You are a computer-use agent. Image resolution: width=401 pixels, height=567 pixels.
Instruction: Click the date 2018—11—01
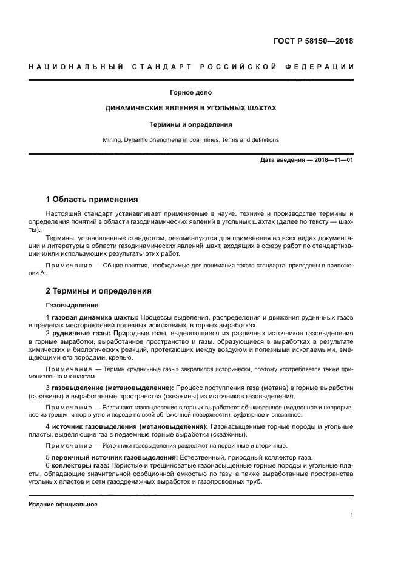click(x=331, y=160)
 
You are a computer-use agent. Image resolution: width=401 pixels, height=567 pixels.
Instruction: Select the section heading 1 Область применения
click(x=92, y=199)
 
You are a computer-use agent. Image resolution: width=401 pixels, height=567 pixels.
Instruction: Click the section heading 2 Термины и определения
click(x=99, y=291)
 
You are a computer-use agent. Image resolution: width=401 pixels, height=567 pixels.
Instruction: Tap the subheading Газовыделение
click(x=72, y=305)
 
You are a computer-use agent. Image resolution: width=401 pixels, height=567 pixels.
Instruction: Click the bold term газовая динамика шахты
click(x=95, y=318)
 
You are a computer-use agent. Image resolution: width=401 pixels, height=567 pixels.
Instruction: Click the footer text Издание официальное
click(x=62, y=504)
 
